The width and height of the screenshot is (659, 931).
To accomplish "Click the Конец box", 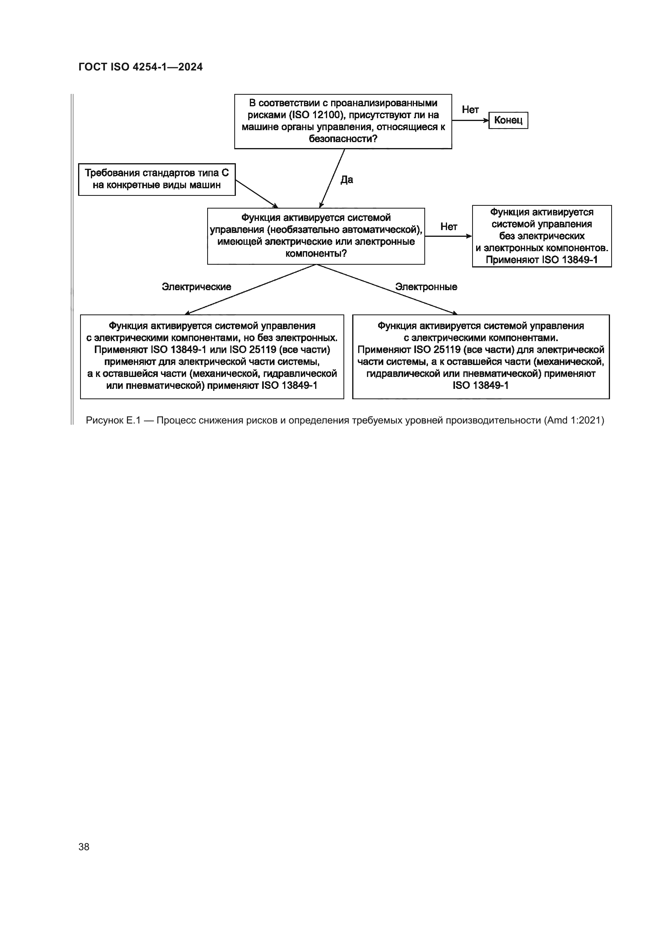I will (x=508, y=121).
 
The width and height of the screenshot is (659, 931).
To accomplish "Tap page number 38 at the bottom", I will (x=84, y=847).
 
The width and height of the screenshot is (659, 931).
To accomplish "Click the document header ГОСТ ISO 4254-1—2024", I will (x=140, y=67).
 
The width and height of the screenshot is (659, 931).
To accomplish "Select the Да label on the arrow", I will (x=347, y=180).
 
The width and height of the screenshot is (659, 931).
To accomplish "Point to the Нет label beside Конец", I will (x=470, y=109).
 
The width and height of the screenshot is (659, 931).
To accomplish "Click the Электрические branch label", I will (x=196, y=287).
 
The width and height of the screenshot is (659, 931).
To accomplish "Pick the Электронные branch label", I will (x=426, y=287).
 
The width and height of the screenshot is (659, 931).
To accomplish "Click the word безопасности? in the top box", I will (x=343, y=139).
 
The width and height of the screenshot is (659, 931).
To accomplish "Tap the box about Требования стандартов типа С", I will (x=157, y=179).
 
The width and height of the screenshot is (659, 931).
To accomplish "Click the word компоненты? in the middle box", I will (x=316, y=254).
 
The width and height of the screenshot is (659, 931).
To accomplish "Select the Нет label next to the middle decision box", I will (x=448, y=226).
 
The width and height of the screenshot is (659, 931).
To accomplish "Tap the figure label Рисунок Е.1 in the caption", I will (x=113, y=420).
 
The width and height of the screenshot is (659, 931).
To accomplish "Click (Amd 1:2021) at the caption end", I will (x=574, y=420).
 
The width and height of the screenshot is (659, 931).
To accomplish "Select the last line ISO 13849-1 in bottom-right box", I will (x=481, y=385).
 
